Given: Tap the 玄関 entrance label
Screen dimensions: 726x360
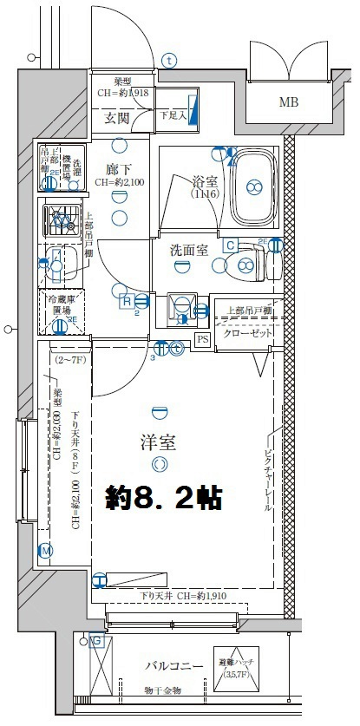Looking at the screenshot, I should click(117, 117).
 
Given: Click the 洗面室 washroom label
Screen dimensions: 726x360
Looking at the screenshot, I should click(188, 251).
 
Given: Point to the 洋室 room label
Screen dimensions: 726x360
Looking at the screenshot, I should click(159, 442).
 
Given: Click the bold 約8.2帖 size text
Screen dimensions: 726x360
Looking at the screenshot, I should click(164, 499).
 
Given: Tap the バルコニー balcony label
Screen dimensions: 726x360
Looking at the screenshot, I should click(173, 666).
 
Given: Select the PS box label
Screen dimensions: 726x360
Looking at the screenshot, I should click(202, 339).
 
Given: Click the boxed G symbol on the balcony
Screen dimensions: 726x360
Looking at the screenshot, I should click(96, 641).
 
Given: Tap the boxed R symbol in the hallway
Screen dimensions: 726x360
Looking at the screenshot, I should click(127, 301).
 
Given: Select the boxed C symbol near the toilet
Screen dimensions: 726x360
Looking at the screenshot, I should click(230, 245).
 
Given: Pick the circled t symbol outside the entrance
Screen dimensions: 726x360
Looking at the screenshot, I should click(169, 60).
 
